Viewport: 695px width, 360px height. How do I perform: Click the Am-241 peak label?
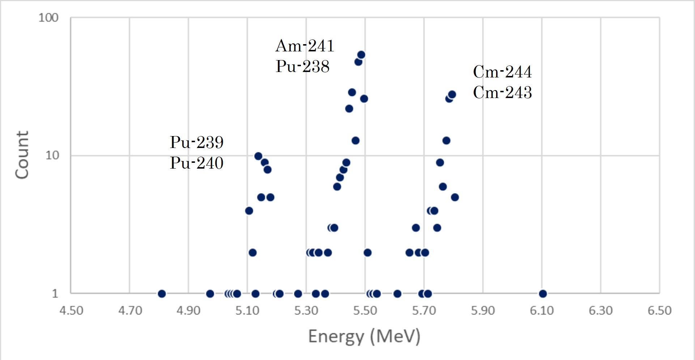point(304,46)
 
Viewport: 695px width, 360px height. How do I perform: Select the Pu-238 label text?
point(302,67)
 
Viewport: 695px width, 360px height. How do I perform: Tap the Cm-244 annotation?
point(502,72)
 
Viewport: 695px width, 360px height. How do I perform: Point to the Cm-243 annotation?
point(502,93)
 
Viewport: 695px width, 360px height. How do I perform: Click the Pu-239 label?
point(196,142)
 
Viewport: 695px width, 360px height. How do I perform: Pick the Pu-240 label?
point(196,163)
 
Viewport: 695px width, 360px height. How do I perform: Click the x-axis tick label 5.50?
point(365,310)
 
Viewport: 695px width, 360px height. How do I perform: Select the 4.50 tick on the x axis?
point(71,310)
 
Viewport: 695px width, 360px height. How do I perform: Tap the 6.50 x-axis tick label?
point(659,310)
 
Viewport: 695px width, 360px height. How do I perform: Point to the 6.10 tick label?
point(542,310)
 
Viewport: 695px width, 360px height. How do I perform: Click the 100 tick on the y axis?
point(48,18)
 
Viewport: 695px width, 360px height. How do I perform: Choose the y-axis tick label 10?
point(52,155)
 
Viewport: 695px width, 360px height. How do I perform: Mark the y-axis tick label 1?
point(55,293)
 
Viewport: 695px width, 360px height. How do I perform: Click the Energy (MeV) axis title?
point(364,336)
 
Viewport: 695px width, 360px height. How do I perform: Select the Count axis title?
point(22,155)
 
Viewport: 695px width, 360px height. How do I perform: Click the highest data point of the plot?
point(361,55)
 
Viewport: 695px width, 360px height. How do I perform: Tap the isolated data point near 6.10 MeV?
point(542,294)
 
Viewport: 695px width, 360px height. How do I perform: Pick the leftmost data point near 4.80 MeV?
point(162,294)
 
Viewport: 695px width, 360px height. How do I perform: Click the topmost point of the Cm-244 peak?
point(452,95)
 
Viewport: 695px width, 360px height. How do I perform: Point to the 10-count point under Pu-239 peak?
point(258,156)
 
